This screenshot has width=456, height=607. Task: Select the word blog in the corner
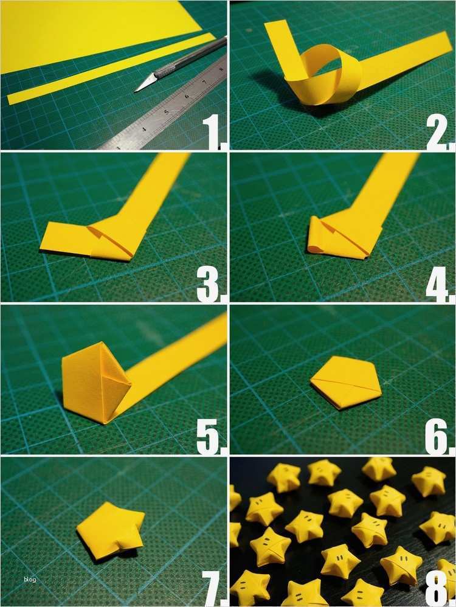30,579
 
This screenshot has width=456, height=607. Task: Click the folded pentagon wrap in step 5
94,383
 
